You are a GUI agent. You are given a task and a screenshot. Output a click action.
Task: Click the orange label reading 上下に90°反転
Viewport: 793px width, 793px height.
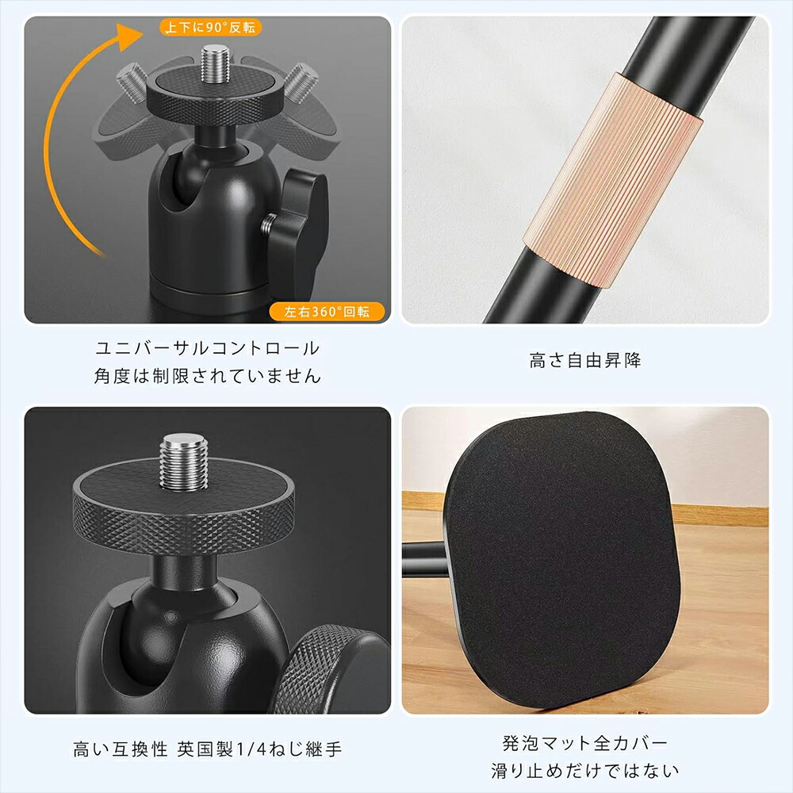click(211, 28)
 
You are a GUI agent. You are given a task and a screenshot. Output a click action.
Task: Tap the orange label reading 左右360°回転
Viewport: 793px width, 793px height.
click(327, 311)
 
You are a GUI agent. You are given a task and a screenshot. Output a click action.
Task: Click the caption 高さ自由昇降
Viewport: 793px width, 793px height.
click(585, 361)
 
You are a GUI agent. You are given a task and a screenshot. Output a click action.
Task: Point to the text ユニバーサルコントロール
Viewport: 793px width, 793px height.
click(208, 347)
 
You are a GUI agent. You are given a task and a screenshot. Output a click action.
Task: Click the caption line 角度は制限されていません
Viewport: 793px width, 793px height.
click(208, 376)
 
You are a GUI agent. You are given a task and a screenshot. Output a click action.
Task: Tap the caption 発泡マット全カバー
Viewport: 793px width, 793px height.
click(585, 743)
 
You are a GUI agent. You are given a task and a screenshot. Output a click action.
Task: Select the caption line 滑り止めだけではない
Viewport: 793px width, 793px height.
click(585, 770)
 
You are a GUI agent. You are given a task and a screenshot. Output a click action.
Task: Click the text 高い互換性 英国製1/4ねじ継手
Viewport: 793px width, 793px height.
click(208, 749)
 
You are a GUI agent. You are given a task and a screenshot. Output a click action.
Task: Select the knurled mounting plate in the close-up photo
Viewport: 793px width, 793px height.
click(182, 508)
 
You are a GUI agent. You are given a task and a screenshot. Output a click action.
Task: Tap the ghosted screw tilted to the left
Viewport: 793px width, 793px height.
click(132, 80)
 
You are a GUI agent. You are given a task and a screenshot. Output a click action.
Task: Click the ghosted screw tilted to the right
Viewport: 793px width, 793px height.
click(301, 81)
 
